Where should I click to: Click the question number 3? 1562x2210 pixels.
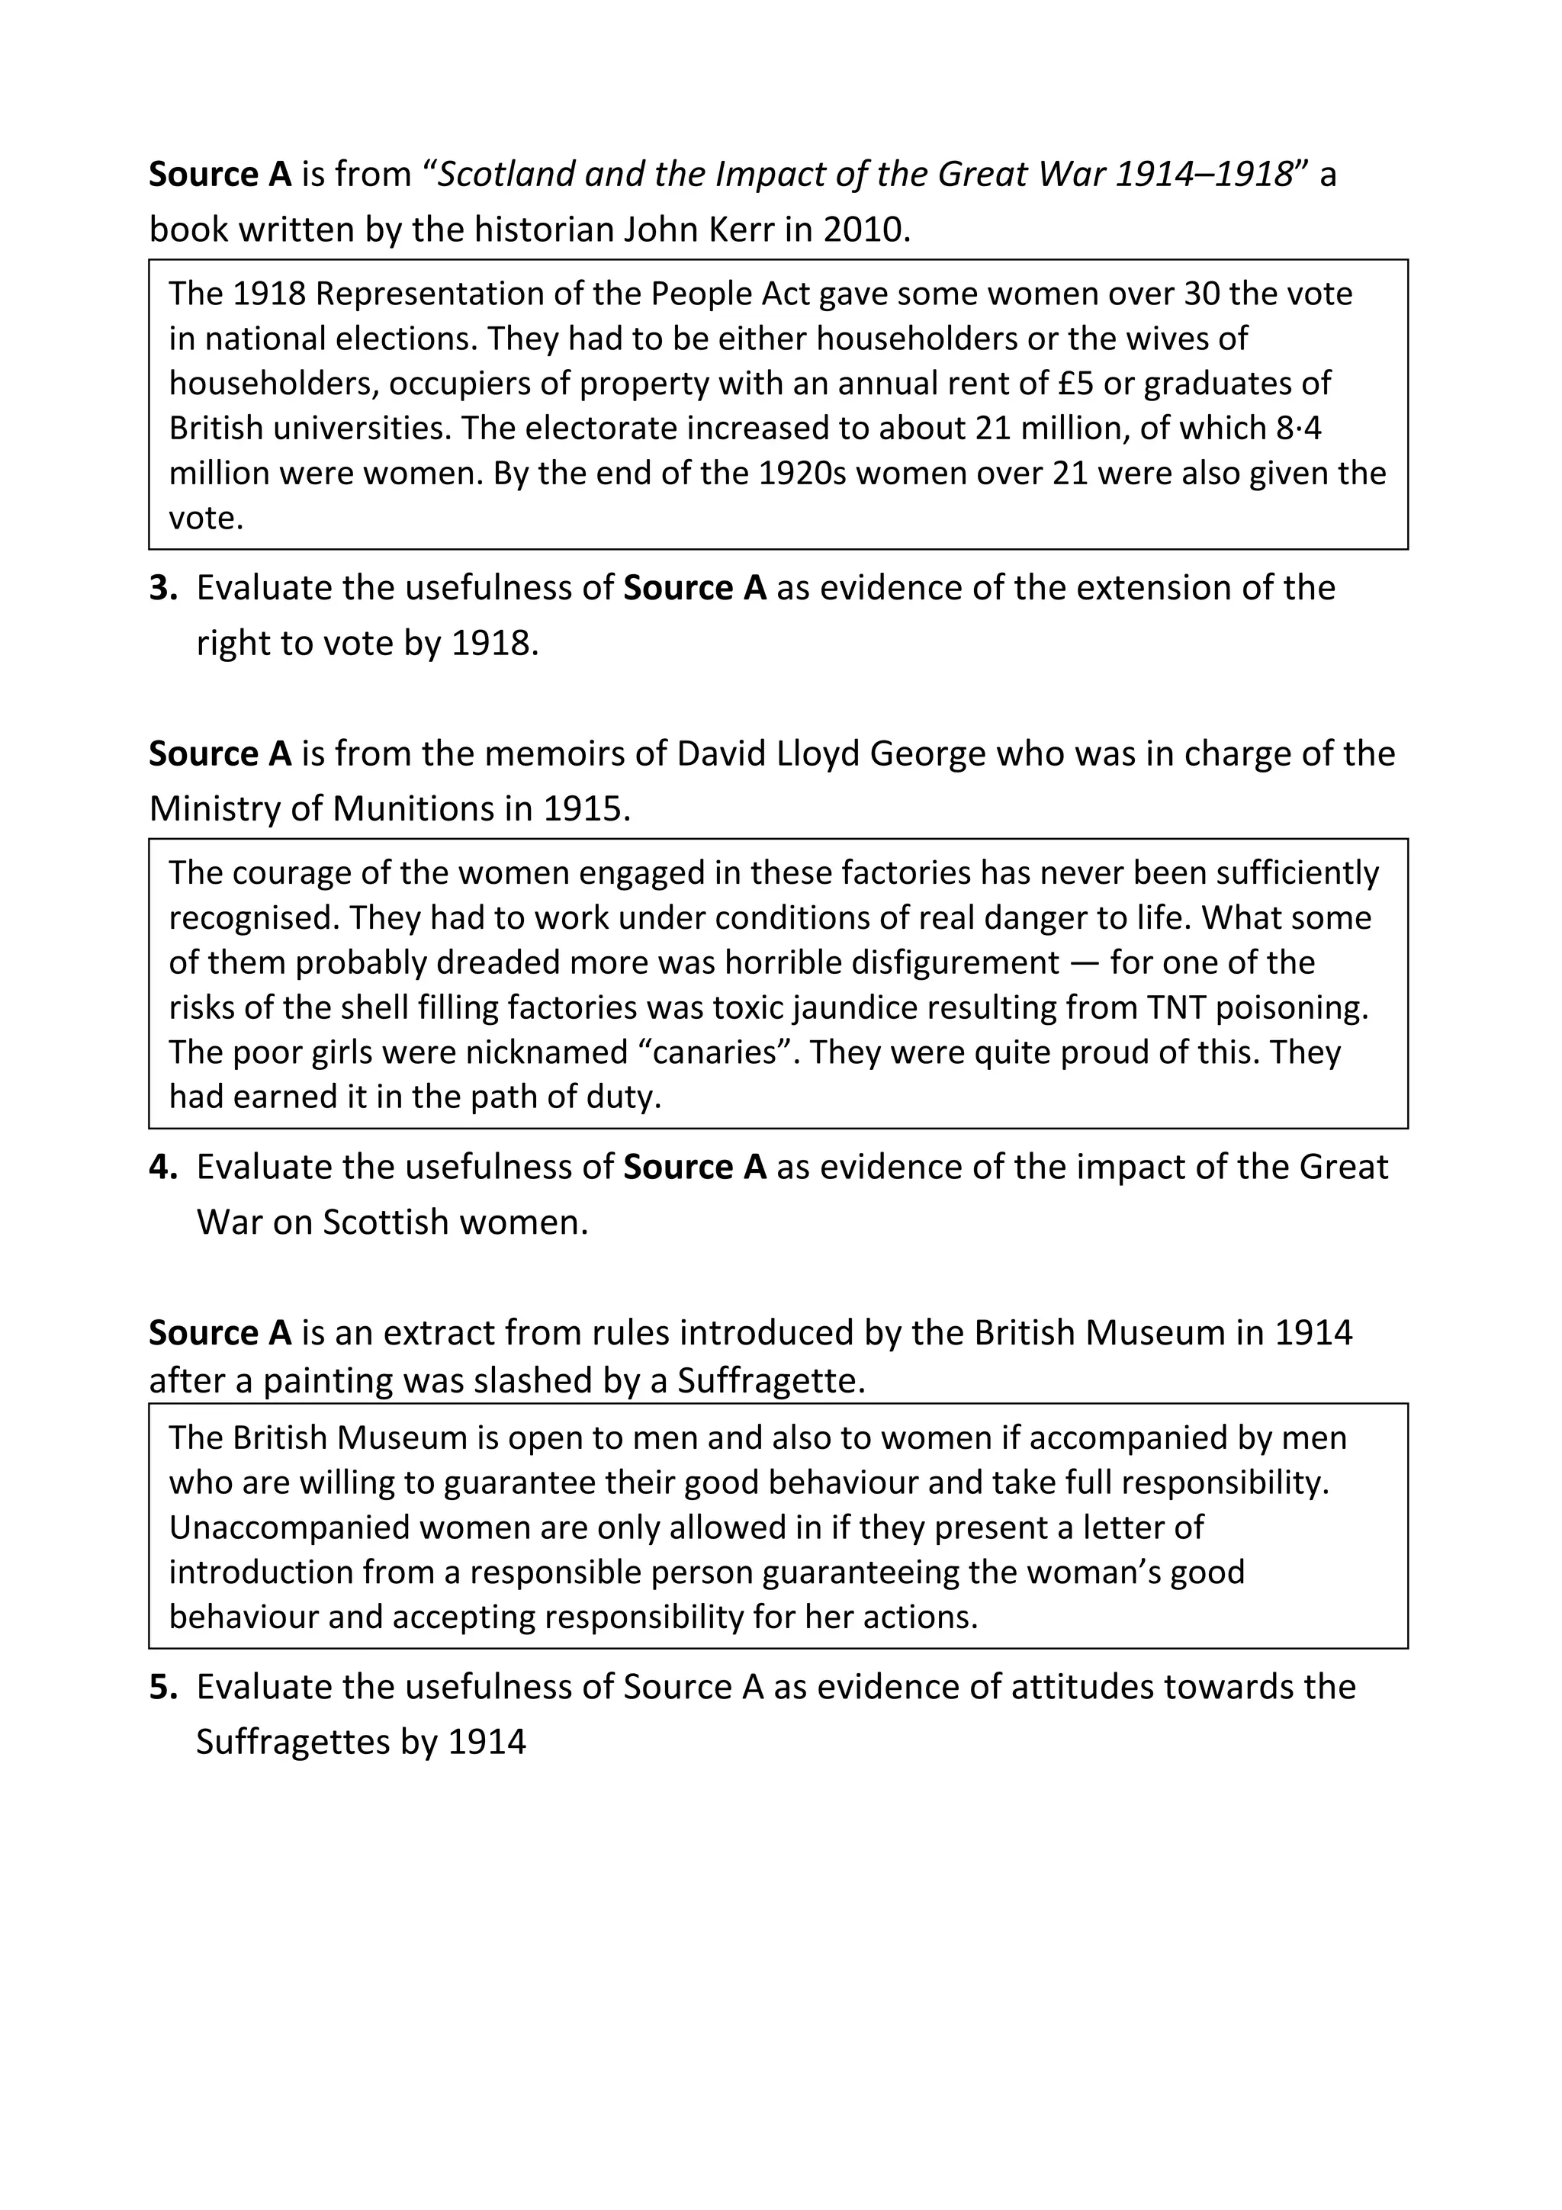click(x=162, y=588)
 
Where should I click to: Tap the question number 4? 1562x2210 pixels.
click(x=162, y=1168)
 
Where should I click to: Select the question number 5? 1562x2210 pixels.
click(x=162, y=1688)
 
